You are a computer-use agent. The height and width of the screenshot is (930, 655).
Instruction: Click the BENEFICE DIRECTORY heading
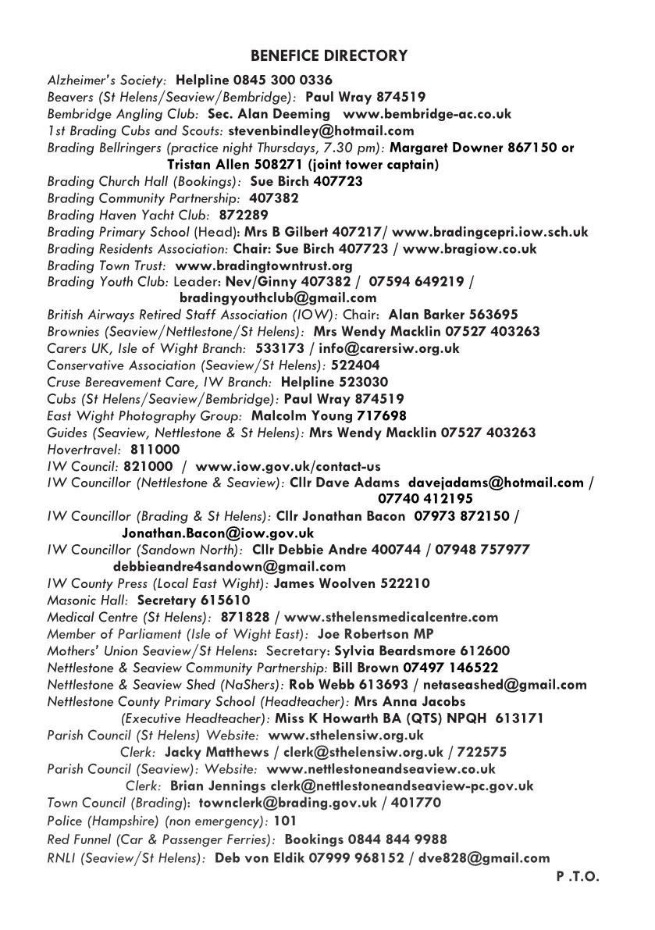point(329,56)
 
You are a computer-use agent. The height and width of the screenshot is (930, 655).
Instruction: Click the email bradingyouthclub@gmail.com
point(277,298)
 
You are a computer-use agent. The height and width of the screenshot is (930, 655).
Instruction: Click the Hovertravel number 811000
point(155,450)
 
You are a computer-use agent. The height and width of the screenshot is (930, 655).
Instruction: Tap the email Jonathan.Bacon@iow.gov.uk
point(218,533)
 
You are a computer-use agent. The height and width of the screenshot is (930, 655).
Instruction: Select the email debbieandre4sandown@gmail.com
point(229,567)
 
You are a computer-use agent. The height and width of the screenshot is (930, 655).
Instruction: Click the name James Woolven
point(325,584)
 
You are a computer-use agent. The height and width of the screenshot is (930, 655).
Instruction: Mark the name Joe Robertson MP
point(376,634)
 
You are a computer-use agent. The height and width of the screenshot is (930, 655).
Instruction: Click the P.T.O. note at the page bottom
point(578,877)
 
